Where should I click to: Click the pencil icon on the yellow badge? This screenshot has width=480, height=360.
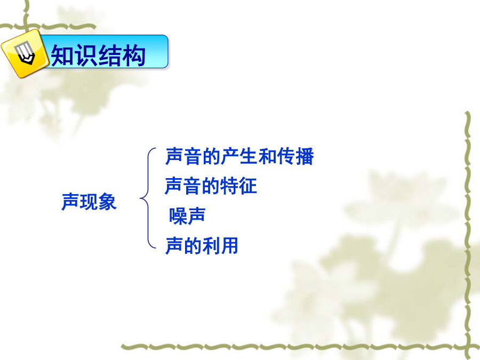25,53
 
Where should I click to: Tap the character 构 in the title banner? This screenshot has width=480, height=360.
133,55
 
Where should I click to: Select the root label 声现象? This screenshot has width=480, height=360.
89,202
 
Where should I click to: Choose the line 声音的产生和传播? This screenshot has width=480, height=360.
239,156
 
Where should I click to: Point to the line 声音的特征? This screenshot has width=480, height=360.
211,186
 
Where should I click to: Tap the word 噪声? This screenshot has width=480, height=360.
187,216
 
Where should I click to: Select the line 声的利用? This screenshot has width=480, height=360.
202,245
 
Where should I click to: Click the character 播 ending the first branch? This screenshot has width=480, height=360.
305,156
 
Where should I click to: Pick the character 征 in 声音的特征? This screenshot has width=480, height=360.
247,186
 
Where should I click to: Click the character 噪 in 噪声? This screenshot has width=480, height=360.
178,216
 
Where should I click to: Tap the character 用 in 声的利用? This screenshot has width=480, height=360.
229,245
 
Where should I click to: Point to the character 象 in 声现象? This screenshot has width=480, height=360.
108,202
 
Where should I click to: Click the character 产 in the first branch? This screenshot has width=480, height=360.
230,156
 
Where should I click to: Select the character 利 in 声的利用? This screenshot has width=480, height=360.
211,245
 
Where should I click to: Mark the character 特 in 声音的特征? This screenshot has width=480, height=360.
229,186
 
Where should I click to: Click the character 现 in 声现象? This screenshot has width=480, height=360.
89,202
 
